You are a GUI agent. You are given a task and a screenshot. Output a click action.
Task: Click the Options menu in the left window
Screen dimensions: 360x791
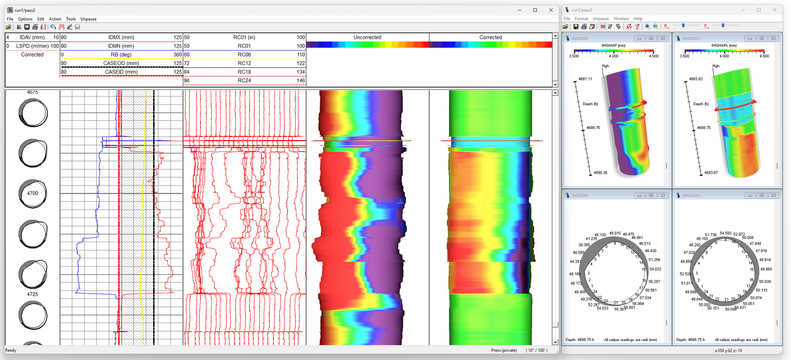tap(25, 19)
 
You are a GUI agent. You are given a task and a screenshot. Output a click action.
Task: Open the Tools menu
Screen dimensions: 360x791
tap(71, 19)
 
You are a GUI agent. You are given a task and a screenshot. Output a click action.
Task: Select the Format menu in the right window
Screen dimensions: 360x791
tap(581, 19)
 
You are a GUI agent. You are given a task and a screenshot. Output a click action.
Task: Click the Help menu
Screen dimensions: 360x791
tap(638, 19)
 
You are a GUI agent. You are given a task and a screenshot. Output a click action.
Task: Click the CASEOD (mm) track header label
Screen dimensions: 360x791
tap(121, 63)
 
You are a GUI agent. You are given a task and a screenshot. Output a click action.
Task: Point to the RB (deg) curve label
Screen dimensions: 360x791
tap(121, 55)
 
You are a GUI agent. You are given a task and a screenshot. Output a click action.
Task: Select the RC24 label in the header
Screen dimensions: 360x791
tap(244, 81)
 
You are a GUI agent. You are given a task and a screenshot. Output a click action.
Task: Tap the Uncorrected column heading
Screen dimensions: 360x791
tap(367, 37)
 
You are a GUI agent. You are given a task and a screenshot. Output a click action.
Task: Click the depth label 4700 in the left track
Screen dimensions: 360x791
tap(32, 193)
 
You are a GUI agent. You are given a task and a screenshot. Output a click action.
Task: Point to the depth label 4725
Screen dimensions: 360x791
tap(32, 294)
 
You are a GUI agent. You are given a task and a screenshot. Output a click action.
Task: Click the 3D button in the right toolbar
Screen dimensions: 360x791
tap(603, 27)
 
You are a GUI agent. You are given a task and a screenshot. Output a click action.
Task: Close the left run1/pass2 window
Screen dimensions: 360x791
tap(551, 10)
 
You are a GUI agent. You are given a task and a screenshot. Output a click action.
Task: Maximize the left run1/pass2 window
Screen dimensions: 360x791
tap(535, 10)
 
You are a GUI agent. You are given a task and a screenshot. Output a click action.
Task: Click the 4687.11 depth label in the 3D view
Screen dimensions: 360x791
tap(585, 79)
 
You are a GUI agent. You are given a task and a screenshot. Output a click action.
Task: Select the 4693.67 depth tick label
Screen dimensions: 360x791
tap(711, 173)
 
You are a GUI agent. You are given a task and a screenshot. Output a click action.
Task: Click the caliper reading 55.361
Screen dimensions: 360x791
tap(620, 309)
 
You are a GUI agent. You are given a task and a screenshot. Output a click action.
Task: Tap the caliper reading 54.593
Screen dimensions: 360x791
tap(725, 233)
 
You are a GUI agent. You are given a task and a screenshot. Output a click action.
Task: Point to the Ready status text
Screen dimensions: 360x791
tap(11, 351)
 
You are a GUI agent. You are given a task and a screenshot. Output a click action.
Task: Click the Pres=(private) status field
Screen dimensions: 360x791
tap(503, 351)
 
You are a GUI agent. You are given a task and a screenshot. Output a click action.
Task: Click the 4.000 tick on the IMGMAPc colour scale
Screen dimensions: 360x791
tap(724, 56)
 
